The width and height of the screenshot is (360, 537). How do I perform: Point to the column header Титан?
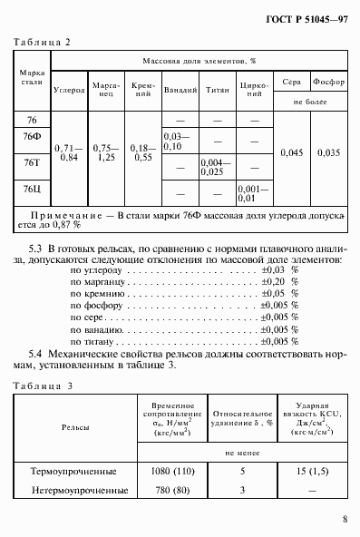217,91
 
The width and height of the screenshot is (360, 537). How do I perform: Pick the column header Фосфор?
327,80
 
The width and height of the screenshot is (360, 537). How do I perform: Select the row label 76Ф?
32,137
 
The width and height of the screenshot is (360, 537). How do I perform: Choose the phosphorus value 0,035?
327,152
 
